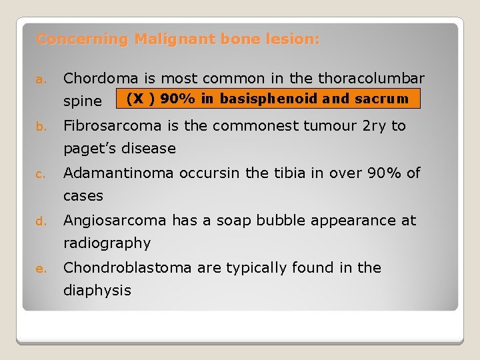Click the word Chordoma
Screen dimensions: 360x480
[97, 79]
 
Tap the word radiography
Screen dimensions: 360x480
[107, 243]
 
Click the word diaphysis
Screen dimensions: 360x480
[97, 291]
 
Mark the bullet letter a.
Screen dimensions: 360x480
[39, 80]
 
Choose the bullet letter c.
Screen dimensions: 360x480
[39, 175]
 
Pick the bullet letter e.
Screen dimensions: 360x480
[39, 269]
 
